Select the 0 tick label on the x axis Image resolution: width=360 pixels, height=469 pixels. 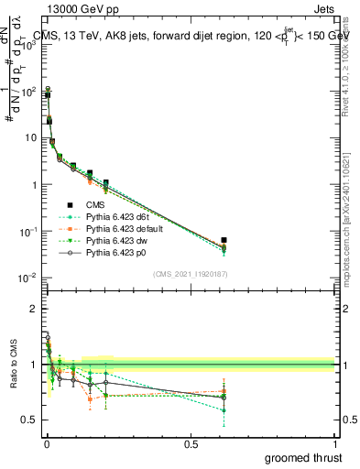coord(45,444)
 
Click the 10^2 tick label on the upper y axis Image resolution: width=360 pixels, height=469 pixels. coord(27,92)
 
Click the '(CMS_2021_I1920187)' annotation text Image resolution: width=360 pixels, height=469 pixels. coord(190,273)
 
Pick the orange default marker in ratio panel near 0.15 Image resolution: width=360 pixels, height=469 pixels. coord(90,398)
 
